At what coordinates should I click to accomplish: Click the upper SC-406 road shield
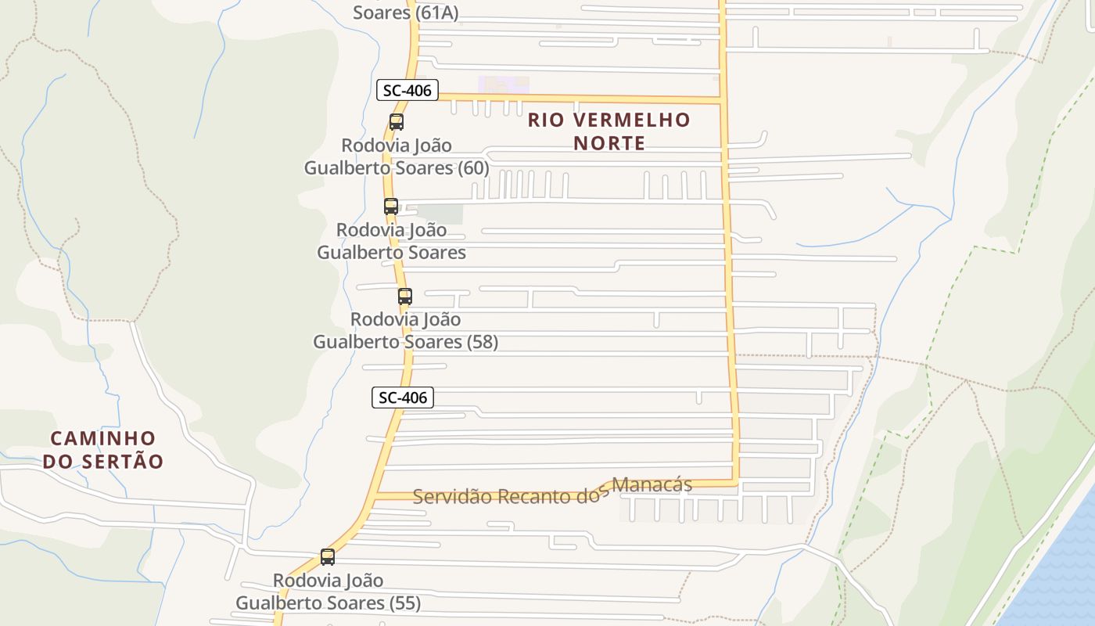pyautogui.click(x=407, y=90)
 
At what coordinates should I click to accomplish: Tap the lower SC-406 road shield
pyautogui.click(x=402, y=398)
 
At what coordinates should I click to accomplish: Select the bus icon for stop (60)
pyautogui.click(x=397, y=122)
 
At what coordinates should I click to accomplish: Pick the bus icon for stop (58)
pyautogui.click(x=404, y=297)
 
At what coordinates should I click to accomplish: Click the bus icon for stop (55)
pyautogui.click(x=328, y=557)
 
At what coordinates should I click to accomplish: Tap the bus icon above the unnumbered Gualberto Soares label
pyautogui.click(x=391, y=207)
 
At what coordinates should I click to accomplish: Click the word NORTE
pyautogui.click(x=609, y=143)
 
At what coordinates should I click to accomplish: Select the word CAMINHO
pyautogui.click(x=103, y=438)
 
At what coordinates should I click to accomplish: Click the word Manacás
pyautogui.click(x=652, y=485)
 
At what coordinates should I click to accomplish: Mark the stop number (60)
pyautogui.click(x=474, y=168)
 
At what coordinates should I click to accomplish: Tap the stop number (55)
pyautogui.click(x=404, y=603)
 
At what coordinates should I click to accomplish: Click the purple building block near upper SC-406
pyautogui.click(x=504, y=85)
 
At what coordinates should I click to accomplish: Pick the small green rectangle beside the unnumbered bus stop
pyautogui.click(x=440, y=214)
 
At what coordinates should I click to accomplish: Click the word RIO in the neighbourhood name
pyautogui.click(x=546, y=120)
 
